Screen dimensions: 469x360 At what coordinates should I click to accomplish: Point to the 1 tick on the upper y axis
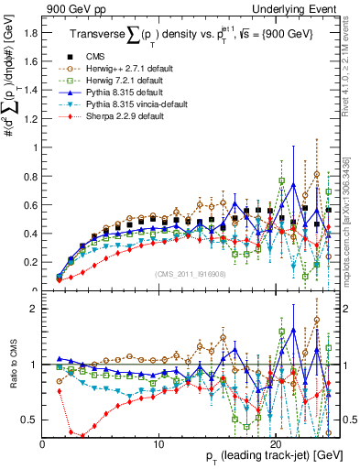coord(35,147)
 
